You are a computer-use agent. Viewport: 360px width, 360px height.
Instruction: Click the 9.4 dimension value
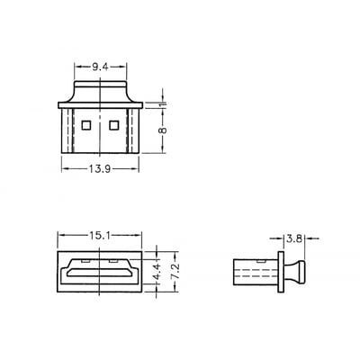tap(100, 67)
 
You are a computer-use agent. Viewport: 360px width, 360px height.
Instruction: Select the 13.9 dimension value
tap(100, 169)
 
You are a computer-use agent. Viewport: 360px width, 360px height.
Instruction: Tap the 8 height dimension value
tap(162, 130)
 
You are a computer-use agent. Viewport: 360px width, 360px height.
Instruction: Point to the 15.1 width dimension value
tap(99, 236)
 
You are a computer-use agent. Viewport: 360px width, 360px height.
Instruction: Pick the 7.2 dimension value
tap(175, 272)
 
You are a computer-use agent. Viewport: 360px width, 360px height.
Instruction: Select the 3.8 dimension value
tap(294, 238)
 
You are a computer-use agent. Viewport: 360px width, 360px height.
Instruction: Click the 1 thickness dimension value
tap(162, 104)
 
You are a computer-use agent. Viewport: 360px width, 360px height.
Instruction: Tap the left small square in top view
tap(86, 125)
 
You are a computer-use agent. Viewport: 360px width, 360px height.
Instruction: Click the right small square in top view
tap(114, 125)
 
